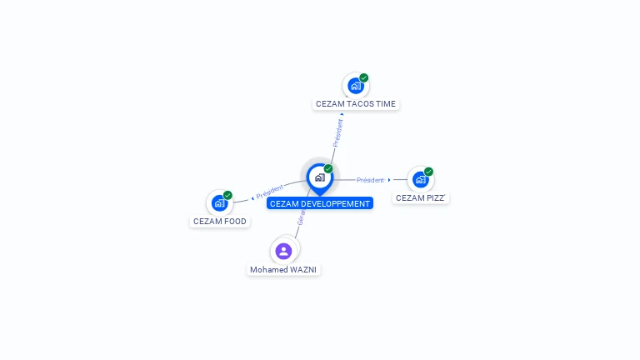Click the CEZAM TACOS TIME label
pos(356,104)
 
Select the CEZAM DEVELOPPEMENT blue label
pos(319,203)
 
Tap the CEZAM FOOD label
pos(220,222)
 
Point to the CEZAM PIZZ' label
pos(420,198)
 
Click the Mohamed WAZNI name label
pos(283,270)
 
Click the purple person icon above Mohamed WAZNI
pos(283,251)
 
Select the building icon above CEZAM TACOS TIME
pos(356,85)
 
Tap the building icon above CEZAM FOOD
pos(219,202)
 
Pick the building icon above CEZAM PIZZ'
pos(420,179)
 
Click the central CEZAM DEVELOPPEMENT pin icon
pos(319,177)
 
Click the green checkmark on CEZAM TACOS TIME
pos(364,77)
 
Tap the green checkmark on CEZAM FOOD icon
pos(227,195)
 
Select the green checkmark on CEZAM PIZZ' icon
pos(428,172)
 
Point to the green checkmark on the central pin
pos(328,168)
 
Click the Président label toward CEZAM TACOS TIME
pos(337,133)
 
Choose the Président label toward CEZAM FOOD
pos(270,191)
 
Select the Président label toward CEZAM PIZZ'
pos(370,180)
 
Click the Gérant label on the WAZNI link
pos(302,218)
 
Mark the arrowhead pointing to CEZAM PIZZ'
pos(389,180)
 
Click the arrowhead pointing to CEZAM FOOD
pos(252,198)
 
